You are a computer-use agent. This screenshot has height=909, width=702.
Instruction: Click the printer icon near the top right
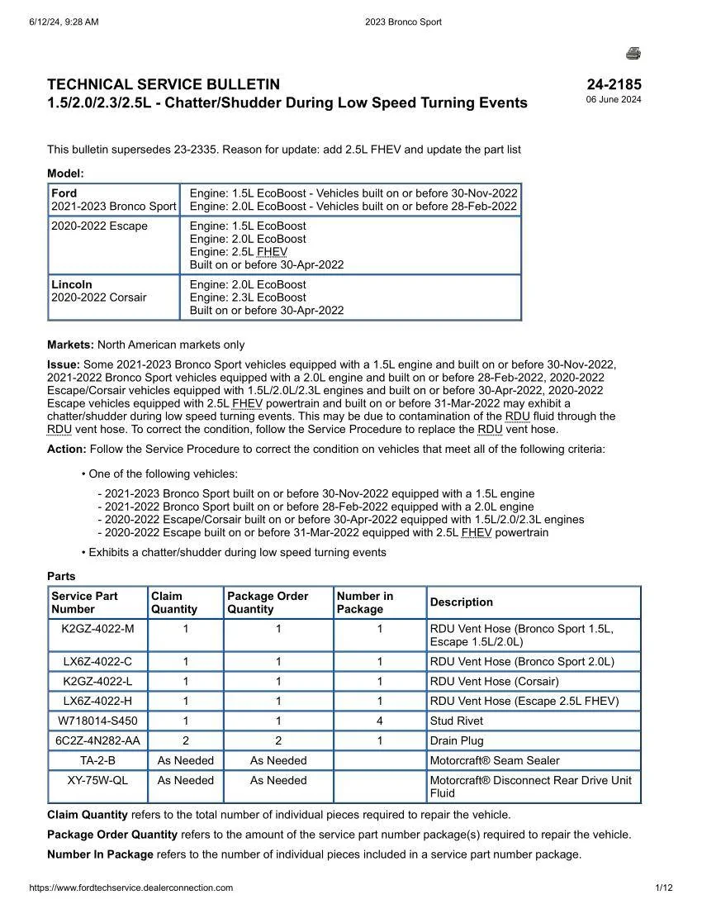[633, 54]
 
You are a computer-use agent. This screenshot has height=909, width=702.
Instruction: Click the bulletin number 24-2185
[614, 84]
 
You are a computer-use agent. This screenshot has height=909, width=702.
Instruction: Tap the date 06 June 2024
[614, 100]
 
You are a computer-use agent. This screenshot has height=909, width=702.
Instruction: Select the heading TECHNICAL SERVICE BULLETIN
[164, 84]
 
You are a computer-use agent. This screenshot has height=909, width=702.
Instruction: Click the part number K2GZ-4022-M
[97, 629]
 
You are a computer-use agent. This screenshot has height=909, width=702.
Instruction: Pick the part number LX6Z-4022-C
[97, 662]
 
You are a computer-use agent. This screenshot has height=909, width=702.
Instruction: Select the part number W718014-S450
[97, 721]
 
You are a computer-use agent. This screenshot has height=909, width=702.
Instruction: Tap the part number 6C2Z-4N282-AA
[97, 741]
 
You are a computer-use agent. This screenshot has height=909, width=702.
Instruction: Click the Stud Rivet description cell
[457, 721]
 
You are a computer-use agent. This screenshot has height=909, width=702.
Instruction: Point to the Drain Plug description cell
[457, 741]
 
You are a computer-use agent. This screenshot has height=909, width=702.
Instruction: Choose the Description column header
[461, 602]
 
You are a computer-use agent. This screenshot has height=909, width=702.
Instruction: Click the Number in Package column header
[365, 602]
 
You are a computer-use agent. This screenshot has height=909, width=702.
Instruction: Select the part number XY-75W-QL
[97, 781]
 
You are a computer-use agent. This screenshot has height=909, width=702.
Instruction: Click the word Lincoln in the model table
[72, 284]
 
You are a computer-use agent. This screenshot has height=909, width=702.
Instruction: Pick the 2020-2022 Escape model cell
[99, 226]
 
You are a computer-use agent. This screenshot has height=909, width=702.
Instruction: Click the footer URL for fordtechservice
[130, 888]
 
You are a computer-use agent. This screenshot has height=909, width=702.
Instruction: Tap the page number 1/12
[664, 888]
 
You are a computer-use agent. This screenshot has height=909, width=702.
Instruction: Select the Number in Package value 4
[380, 721]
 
